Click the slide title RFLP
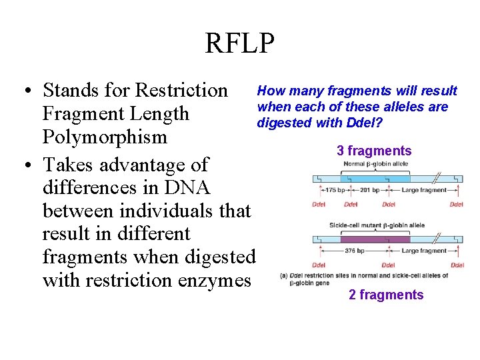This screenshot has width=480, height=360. pyautogui.click(x=239, y=43)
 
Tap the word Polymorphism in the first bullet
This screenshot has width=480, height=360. pyautogui.click(x=105, y=137)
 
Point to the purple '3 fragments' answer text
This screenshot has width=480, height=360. pyautogui.click(x=374, y=151)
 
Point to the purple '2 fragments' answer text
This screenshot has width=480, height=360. pyautogui.click(x=386, y=295)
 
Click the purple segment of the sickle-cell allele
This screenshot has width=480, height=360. pyautogui.click(x=375, y=239)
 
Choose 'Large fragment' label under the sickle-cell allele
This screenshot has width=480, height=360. pyautogui.click(x=425, y=251)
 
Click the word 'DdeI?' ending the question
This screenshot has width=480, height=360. pyautogui.click(x=364, y=123)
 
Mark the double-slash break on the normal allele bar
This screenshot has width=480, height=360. pyautogui.click(x=437, y=178)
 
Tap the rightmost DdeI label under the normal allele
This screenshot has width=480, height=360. pyautogui.click(x=457, y=204)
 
